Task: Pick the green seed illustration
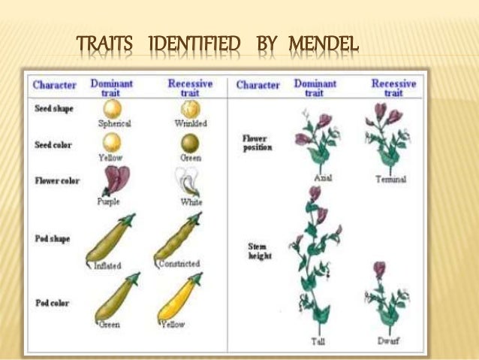point(190,144)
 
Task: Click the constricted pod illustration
point(178,238)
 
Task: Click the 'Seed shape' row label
point(54,109)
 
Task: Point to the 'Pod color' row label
point(53,303)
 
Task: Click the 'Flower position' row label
point(258,143)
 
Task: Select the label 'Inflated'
point(107,265)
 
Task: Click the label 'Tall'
point(318,342)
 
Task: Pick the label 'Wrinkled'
point(191,123)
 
